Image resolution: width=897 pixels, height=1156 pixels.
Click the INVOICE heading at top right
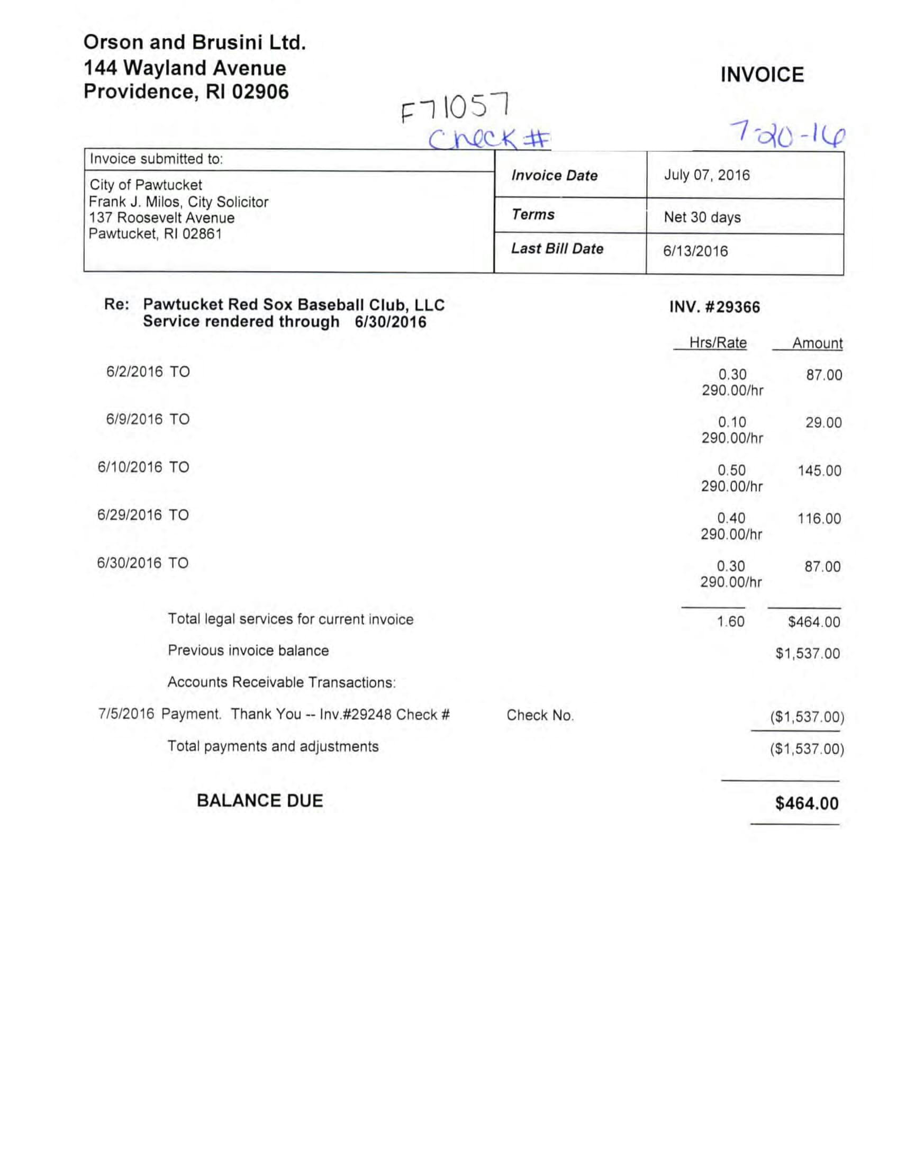[762, 75]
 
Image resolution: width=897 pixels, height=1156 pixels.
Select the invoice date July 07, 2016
[706, 175]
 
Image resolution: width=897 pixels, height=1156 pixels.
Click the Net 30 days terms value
[702, 217]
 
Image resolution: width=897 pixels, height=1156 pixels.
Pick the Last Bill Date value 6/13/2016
[695, 251]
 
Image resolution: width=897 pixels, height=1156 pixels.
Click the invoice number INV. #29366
[714, 307]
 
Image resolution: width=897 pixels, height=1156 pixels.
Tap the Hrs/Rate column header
[718, 343]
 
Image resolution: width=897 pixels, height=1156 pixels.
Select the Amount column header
[817, 344]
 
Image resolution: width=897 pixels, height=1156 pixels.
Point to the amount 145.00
[819, 471]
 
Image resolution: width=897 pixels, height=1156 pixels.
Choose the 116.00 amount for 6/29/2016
[819, 519]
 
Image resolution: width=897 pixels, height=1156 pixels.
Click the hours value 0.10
[732, 422]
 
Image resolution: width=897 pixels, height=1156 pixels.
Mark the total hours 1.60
[731, 621]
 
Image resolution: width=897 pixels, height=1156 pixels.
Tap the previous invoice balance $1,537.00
[808, 654]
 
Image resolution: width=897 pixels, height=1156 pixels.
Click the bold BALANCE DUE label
[260, 800]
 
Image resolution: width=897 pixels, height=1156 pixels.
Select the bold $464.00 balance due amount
[807, 803]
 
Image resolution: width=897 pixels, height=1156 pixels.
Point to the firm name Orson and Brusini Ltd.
[195, 42]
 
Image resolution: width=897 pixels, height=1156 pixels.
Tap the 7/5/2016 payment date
[126, 714]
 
